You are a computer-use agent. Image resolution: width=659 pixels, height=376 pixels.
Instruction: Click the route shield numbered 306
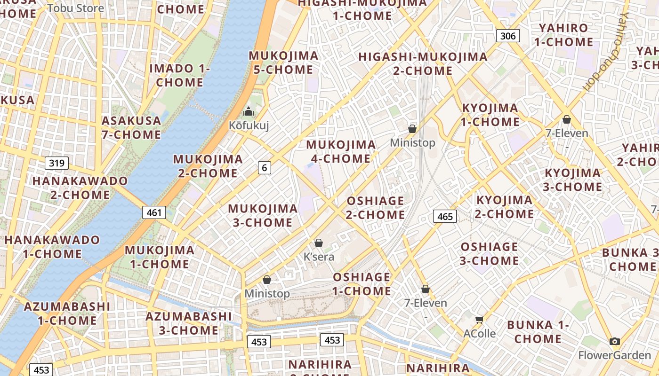coord(508,36)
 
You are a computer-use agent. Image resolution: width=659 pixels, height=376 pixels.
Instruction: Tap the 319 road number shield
coord(57,163)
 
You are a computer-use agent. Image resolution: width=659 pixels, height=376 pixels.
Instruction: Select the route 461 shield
coord(154,212)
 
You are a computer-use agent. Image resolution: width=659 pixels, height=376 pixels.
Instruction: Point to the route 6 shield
coord(265,167)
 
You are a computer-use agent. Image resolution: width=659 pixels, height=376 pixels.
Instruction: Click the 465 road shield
coord(445,216)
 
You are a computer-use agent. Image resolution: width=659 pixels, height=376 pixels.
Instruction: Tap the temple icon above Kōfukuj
coord(248,112)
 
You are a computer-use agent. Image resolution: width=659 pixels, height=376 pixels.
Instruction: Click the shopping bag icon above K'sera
coord(319,243)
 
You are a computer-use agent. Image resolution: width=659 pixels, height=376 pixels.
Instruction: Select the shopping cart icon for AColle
coord(479,320)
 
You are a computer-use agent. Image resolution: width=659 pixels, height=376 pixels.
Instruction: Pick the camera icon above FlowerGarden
coord(614,342)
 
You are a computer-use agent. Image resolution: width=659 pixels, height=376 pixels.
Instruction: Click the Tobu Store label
coord(76,8)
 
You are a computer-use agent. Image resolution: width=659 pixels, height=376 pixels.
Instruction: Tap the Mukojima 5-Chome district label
coord(283,63)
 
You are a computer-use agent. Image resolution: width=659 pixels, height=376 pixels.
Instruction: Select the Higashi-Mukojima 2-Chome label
coord(423,64)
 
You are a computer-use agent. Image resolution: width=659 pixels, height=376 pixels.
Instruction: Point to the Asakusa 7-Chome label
coord(131,128)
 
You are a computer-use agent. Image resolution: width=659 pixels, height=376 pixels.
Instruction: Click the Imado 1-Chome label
coord(180,75)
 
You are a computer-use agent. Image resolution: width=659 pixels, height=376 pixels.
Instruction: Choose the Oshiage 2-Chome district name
coord(376,208)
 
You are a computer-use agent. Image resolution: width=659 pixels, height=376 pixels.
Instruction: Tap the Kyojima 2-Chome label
coord(505,207)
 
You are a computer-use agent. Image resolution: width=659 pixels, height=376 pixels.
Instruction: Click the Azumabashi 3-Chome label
coord(188,323)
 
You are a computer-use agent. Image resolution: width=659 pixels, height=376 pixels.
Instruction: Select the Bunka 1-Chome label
coord(538,332)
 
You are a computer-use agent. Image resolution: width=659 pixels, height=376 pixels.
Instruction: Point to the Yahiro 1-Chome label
coord(563,35)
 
